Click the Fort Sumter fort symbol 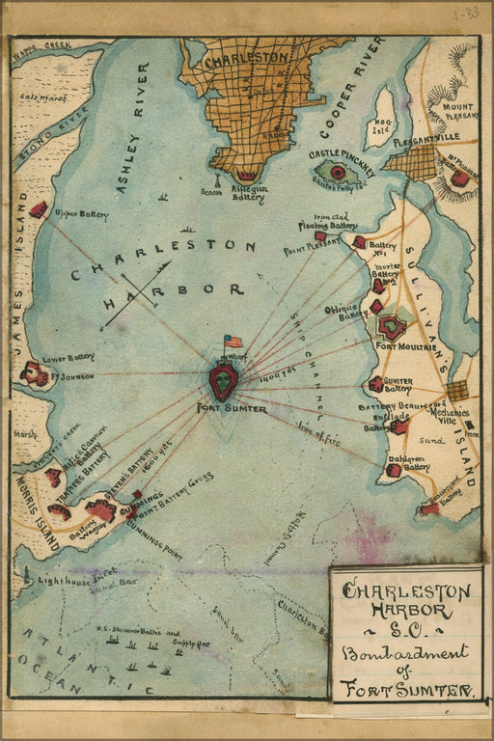click(x=223, y=380)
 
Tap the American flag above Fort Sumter click(x=233, y=342)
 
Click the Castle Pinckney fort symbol click(x=337, y=173)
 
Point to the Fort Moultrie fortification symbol click(x=392, y=327)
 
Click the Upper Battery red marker click(x=39, y=209)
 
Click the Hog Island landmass click(x=384, y=117)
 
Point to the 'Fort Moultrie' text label click(x=398, y=346)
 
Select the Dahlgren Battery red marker click(x=394, y=470)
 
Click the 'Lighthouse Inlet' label click(x=67, y=581)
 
